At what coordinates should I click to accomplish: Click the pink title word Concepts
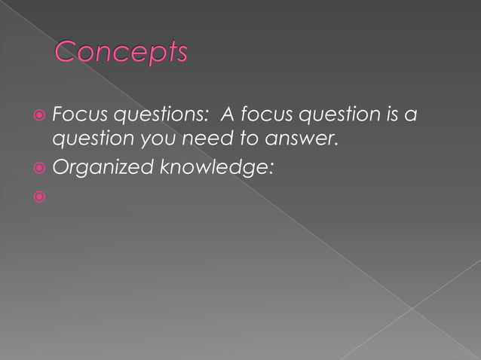pyautogui.click(x=121, y=52)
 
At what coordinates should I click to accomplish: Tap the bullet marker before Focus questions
pyautogui.click(x=39, y=116)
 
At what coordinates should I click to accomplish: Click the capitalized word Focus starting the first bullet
pyautogui.click(x=73, y=115)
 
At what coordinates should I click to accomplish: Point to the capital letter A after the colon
pyautogui.click(x=225, y=115)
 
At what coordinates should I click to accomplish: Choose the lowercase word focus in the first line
pyautogui.click(x=261, y=115)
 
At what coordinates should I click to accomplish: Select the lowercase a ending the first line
pyautogui.click(x=412, y=116)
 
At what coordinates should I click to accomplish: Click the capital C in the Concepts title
pyautogui.click(x=66, y=52)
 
